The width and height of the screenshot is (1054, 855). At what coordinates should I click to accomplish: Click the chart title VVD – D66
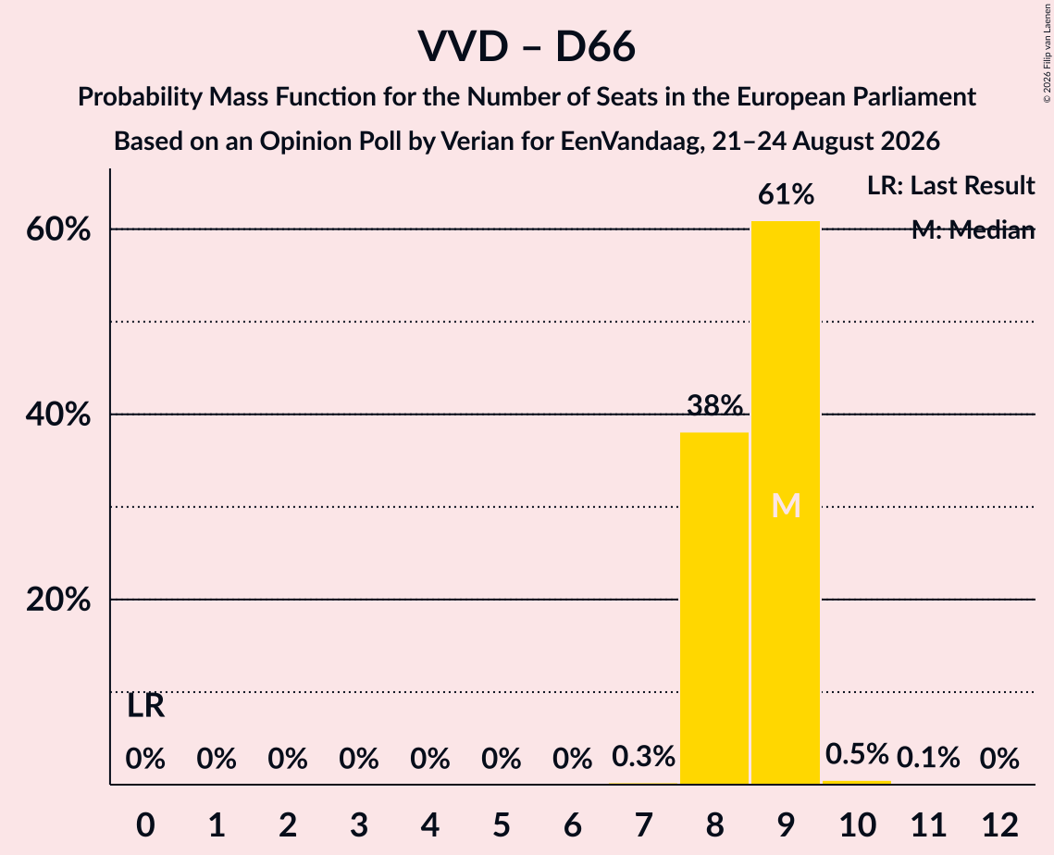(x=527, y=47)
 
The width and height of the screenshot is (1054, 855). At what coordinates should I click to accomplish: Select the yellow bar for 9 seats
(x=785, y=502)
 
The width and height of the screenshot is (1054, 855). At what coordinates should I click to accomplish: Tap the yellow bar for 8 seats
(x=713, y=608)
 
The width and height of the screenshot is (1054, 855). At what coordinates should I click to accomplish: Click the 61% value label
(x=786, y=195)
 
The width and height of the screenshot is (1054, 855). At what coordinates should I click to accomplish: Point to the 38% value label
(x=714, y=405)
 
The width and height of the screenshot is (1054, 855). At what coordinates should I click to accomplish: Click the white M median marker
(x=786, y=506)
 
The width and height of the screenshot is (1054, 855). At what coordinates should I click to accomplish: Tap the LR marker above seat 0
(x=146, y=706)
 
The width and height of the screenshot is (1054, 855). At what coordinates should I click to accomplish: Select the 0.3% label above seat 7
(x=643, y=757)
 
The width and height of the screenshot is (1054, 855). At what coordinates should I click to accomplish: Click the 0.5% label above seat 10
(x=857, y=754)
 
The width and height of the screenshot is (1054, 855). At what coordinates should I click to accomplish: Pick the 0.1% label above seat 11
(x=928, y=758)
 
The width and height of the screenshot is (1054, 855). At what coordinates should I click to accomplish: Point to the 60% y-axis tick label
(x=58, y=229)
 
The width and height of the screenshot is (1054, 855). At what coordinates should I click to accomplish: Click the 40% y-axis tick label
(x=58, y=415)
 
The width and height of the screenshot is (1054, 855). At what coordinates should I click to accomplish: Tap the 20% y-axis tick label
(x=58, y=600)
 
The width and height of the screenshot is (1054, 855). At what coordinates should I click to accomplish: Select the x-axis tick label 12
(x=1000, y=825)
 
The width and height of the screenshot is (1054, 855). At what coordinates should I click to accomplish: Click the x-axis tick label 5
(x=502, y=825)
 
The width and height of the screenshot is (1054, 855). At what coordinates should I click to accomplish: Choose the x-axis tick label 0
(x=146, y=825)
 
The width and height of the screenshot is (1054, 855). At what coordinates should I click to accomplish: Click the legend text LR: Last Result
(x=951, y=186)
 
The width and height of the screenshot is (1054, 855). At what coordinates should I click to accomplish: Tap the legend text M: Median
(x=973, y=230)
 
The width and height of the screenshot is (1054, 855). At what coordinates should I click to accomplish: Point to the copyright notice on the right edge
(x=1048, y=53)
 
